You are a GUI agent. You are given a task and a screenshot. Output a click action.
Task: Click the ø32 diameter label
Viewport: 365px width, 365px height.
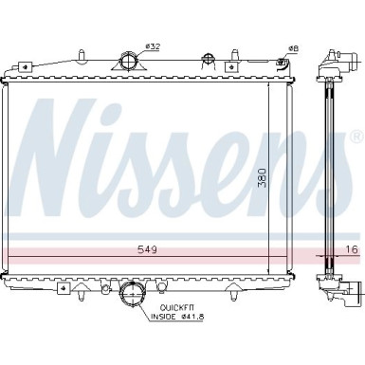pos(155,46)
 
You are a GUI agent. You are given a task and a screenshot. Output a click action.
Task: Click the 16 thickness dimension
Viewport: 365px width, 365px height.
pos(352,248)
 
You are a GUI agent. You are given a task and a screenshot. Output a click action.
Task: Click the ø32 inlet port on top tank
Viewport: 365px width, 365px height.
pos(128,64)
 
